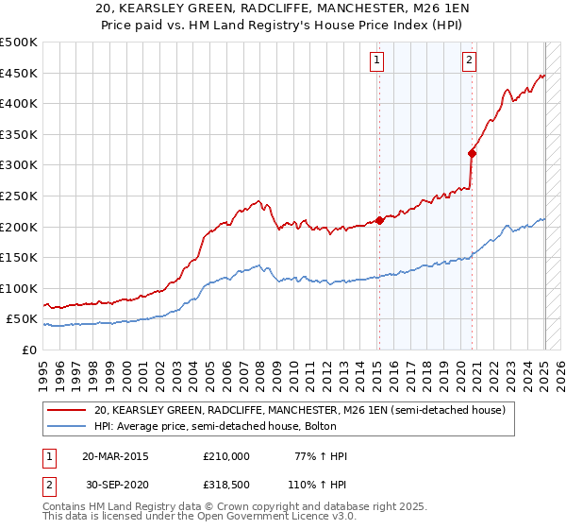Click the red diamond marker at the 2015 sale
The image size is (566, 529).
(379, 220)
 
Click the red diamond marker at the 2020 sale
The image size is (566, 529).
(472, 153)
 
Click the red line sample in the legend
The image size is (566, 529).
(67, 410)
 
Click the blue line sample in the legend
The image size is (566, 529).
(67, 426)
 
